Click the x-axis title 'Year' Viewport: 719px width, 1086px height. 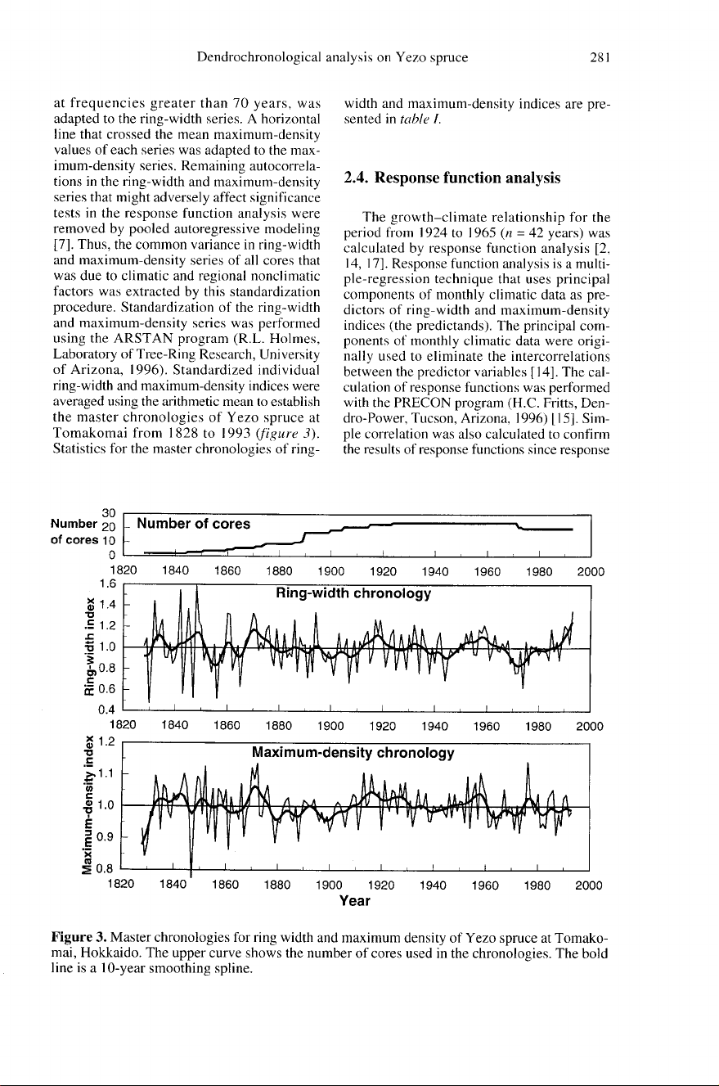pyautogui.click(x=355, y=902)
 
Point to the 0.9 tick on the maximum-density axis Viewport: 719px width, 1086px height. pyautogui.click(x=104, y=836)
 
